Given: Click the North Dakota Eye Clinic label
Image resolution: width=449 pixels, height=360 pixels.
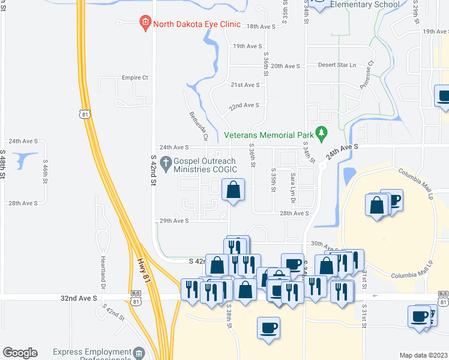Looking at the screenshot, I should [196, 25].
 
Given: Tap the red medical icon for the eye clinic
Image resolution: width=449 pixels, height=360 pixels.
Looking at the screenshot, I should [145, 24].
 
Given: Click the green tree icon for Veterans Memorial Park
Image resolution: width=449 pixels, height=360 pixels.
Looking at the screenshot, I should [322, 131].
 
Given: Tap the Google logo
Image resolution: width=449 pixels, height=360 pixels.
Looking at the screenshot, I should [20, 353].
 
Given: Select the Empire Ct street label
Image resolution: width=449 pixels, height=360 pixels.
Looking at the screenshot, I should [134, 77].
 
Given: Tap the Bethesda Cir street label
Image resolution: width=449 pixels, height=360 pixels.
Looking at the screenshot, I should [199, 126].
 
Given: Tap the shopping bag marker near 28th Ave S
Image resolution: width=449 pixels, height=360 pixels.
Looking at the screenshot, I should [234, 190].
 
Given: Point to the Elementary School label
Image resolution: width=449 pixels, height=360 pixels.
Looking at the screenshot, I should [365, 5].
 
